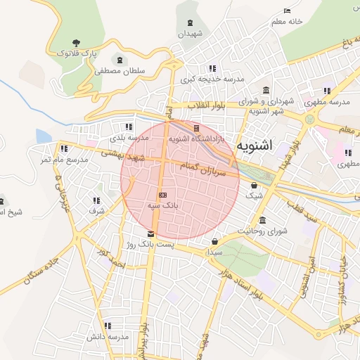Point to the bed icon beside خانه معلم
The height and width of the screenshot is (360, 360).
pyautogui.click(x=286, y=11)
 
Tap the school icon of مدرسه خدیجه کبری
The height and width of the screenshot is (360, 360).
pyautogui.click(x=212, y=68)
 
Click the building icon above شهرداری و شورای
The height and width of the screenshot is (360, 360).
pyautogui.click(x=265, y=91)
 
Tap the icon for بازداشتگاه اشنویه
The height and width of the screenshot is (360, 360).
pyautogui.click(x=196, y=129)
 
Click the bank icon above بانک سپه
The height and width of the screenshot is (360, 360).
pyautogui.click(x=162, y=194)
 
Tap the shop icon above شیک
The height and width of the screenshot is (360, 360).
pyautogui.click(x=254, y=186)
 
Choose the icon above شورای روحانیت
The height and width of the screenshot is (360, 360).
pyautogui.click(x=263, y=220)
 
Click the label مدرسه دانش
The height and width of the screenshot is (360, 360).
pyautogui.click(x=108, y=337)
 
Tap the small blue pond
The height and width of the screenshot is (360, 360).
pyautogui.click(x=44, y=136)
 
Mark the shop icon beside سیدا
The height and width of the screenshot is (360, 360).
pyautogui.click(x=214, y=241)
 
